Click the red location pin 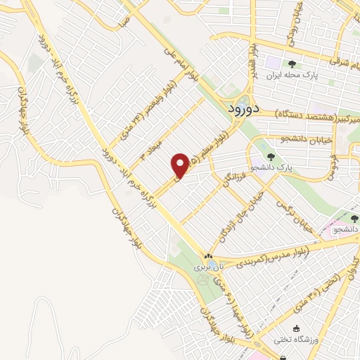coord(181,166)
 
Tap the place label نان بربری coord(208,267)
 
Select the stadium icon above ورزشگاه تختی coord(296,329)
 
